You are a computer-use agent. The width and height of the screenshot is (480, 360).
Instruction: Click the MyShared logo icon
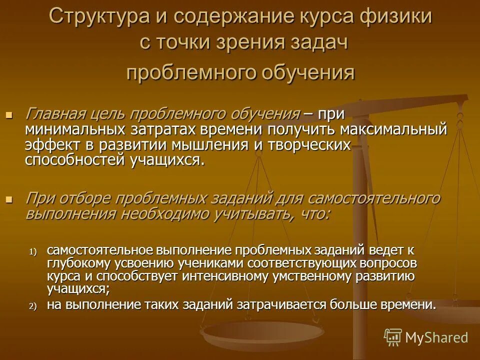tap(393, 337)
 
